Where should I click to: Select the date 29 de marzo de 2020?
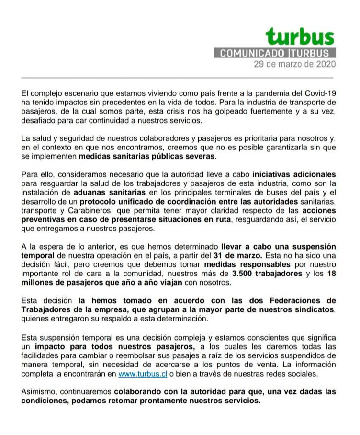point(294,64)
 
